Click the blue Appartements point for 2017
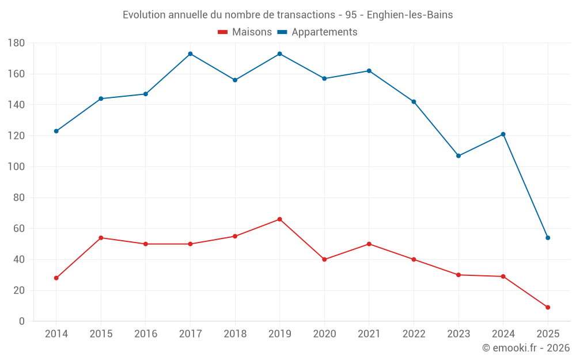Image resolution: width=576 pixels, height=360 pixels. point(190,54)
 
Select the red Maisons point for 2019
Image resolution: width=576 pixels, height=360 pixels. point(279,219)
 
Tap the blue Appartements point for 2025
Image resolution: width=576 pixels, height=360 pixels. point(548,238)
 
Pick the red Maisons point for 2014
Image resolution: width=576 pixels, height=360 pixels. point(56,278)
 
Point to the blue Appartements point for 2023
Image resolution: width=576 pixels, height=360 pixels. point(458,156)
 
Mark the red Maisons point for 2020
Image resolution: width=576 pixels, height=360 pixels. point(324,259)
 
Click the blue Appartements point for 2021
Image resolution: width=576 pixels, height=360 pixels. point(369,71)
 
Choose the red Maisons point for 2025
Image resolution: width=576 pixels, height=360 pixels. point(548,307)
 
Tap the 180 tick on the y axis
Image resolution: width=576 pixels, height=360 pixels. point(16,43)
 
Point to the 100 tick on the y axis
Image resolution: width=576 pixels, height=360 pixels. point(16,166)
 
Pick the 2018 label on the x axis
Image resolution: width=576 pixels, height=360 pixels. point(235,334)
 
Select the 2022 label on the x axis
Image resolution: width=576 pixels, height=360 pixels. point(414,334)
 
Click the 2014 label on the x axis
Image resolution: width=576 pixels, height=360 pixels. point(56,334)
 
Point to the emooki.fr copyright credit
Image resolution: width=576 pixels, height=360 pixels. point(526,348)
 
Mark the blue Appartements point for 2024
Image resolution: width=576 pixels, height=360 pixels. point(503,134)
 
